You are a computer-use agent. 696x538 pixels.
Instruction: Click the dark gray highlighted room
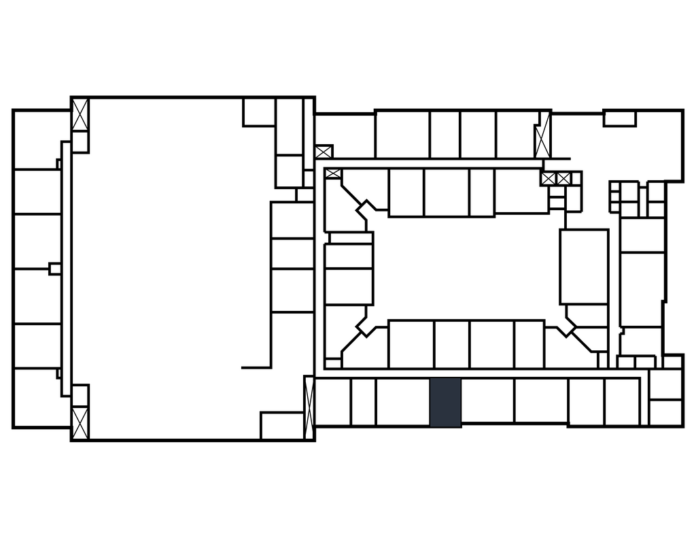[x=445, y=402]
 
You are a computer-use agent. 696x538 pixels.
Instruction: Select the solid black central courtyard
[x=466, y=267]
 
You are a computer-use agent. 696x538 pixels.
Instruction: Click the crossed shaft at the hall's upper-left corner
[x=80, y=114]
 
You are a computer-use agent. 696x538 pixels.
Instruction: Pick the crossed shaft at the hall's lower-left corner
[x=80, y=422]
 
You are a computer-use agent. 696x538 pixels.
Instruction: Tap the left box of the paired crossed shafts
[x=549, y=179]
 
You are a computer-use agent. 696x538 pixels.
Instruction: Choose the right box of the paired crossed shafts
[x=563, y=179]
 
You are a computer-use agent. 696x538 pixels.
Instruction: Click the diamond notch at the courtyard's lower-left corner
[x=366, y=326]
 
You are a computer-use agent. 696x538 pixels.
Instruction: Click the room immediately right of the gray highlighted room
[x=487, y=401]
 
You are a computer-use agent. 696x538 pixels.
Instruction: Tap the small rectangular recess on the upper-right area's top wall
[x=619, y=119]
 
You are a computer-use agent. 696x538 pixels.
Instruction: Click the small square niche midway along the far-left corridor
[x=54, y=269]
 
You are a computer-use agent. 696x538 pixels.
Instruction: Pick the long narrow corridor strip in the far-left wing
[x=66, y=269]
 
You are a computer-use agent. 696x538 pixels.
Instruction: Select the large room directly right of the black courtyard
[x=584, y=267]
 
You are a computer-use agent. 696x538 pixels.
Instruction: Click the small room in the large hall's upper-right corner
[x=258, y=113]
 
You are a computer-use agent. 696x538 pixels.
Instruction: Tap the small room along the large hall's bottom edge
[x=281, y=425]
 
